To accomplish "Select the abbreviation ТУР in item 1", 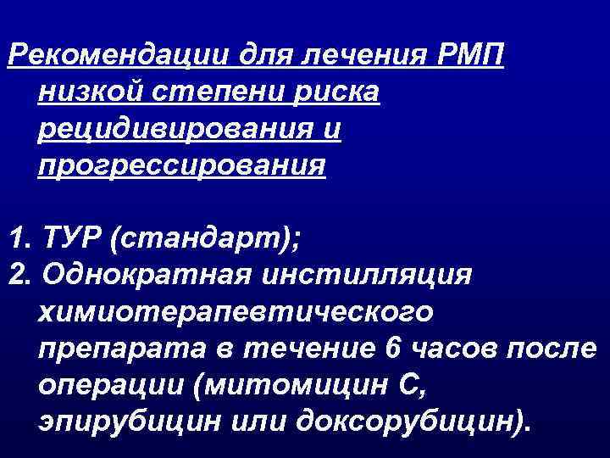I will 71,238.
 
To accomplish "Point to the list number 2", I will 16,275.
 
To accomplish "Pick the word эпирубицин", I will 121,421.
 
